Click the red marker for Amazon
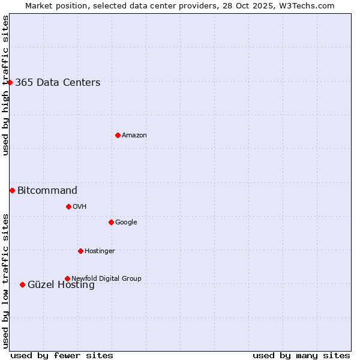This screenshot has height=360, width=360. (118, 135)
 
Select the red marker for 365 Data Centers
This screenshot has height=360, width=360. (10, 82)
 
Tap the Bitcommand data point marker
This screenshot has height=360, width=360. (12, 190)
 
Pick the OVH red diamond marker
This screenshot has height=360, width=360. (68, 206)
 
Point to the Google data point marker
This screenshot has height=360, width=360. (111, 222)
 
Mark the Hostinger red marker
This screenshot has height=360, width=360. (80, 251)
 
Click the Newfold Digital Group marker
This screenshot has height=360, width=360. (67, 278)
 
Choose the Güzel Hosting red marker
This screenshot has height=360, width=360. (22, 284)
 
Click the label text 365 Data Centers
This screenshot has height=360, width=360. (58, 83)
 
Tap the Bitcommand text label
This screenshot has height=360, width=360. (47, 191)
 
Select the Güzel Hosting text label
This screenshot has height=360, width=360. (61, 286)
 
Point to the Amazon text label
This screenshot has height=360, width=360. (134, 136)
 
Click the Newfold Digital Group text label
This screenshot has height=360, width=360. (106, 278)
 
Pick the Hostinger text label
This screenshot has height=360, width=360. (100, 251)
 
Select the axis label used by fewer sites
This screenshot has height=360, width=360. (62, 355)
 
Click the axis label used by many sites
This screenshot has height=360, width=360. (301, 355)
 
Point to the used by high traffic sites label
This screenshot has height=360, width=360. (5, 85)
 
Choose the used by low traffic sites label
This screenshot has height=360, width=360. (5, 281)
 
